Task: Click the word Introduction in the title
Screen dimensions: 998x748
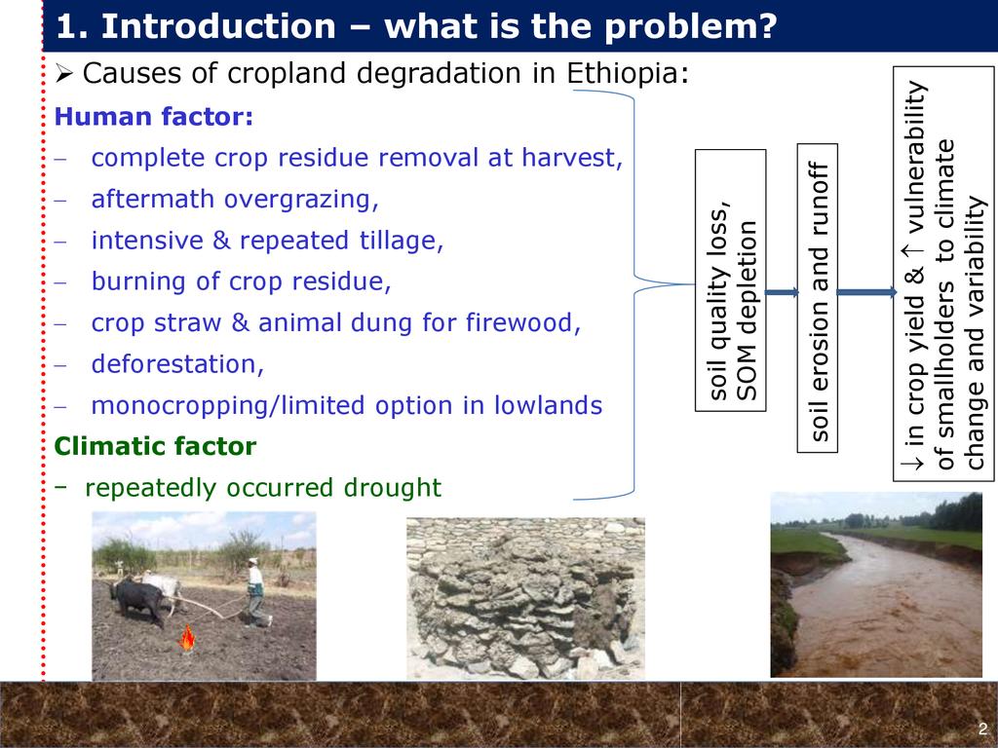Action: point(218,26)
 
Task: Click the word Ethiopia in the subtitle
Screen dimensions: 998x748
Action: point(628,73)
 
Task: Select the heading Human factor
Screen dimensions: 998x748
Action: point(153,117)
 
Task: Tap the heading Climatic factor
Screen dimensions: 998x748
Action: point(155,446)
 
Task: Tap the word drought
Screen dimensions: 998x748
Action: point(392,488)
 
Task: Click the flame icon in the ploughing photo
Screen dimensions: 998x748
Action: point(187,638)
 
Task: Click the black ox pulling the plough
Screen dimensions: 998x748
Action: point(139,600)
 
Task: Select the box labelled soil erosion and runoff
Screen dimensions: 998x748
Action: point(818,298)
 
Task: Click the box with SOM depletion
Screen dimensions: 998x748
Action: point(730,280)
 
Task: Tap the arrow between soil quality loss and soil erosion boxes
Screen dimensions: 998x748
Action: point(782,292)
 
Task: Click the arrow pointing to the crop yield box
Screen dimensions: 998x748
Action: point(866,292)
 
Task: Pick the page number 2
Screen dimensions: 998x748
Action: point(982,729)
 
